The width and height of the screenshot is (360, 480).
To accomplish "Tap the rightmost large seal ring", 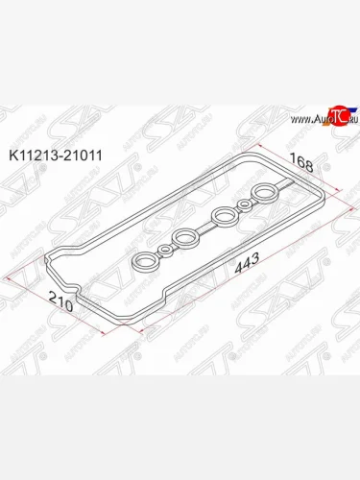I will tap(264, 194).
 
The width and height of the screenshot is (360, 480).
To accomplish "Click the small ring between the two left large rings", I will tap(166, 249).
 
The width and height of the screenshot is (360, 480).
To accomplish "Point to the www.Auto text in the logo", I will tap(302, 119).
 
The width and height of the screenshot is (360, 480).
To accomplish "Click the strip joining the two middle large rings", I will tap(205, 225).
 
